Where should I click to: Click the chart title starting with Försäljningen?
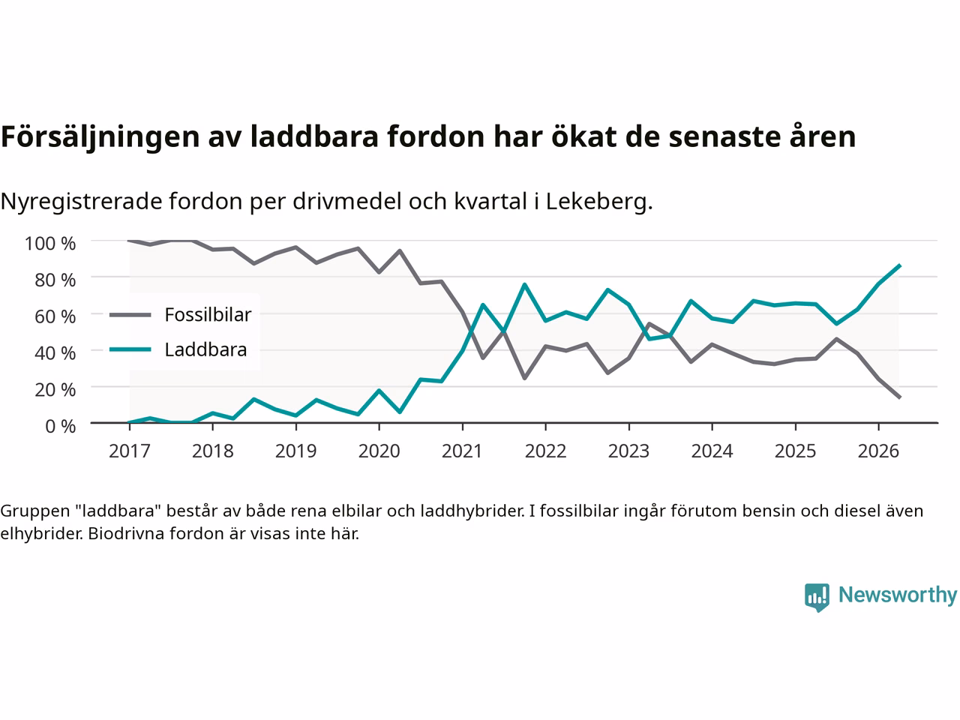coord(428,136)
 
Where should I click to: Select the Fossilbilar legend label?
coord(208,315)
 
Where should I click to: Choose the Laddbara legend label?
coord(205,349)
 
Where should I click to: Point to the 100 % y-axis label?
coord(49,244)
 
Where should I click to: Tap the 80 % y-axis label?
coord(55,280)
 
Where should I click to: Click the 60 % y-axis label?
coord(55,316)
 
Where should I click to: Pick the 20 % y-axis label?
coord(55,389)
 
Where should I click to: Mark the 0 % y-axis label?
coord(60,426)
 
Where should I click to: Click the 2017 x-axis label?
coord(130,451)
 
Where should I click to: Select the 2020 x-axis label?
coord(379,451)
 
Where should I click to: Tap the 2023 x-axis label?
coord(629,451)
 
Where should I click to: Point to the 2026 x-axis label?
coord(878,451)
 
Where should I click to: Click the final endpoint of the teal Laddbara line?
coord(900,265)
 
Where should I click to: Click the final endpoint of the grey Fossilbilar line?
coord(900,397)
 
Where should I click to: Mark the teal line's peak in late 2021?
coord(524,284)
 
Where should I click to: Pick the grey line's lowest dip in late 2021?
coord(524,378)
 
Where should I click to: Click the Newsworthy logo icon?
coord(817,597)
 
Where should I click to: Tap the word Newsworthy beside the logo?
coord(898,595)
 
